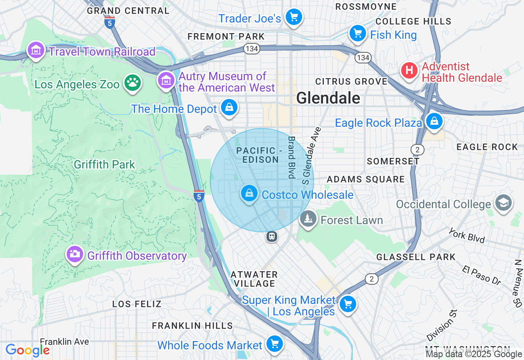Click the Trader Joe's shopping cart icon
point(294,17)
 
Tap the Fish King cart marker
point(357,33)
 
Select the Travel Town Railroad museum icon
point(36,50)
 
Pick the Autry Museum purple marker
point(166,80)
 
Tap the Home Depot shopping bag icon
point(229,108)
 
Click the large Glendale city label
point(328,98)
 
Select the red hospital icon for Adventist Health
point(409,70)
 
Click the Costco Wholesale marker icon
point(249,193)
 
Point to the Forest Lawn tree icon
point(308,218)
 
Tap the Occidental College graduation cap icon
point(503,202)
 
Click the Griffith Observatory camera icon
point(75,254)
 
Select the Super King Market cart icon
point(348,304)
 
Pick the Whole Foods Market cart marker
point(274,344)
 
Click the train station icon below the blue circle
point(271,236)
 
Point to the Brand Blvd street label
point(291,157)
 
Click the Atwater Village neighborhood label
point(254,279)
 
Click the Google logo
point(27,350)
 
